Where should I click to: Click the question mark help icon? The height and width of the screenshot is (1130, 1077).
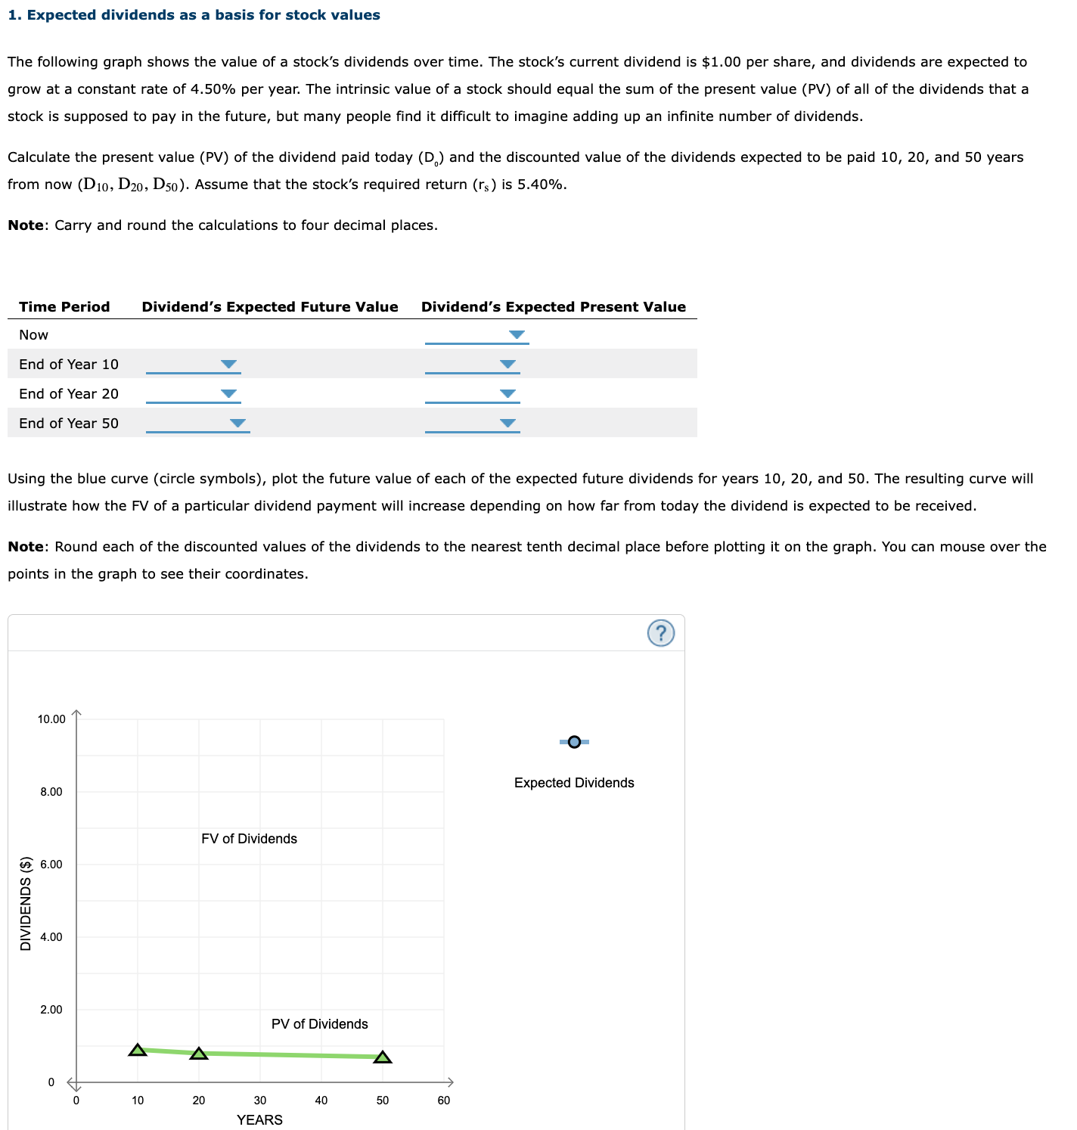[x=661, y=633]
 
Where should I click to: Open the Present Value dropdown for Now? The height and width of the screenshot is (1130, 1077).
[x=476, y=335]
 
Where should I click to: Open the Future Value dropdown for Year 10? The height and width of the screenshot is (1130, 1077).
[x=193, y=365]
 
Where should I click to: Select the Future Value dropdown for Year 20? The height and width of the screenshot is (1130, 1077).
[x=193, y=394]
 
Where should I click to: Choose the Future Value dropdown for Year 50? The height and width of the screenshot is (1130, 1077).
[x=197, y=424]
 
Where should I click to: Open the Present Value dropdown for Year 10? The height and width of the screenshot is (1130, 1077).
[x=472, y=365]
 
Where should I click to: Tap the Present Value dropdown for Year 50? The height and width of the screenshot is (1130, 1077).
[x=472, y=424]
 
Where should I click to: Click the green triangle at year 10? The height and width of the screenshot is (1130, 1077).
[x=138, y=1050]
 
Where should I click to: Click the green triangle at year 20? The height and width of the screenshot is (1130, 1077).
[x=199, y=1054]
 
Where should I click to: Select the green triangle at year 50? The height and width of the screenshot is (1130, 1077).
[x=383, y=1057]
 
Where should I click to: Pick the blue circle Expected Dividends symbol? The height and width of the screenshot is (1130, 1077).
[x=574, y=742]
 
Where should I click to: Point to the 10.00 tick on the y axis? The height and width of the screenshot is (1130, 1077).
[x=51, y=719]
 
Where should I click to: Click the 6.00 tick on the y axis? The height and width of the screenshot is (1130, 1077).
[x=51, y=865]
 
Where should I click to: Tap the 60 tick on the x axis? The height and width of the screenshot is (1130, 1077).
[x=444, y=1101]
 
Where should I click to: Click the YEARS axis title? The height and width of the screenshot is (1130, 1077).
[x=259, y=1120]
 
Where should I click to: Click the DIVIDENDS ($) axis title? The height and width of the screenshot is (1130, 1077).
[x=26, y=903]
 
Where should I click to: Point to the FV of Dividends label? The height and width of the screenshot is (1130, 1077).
[x=249, y=839]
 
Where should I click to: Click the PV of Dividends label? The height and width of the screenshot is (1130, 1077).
[x=319, y=1024]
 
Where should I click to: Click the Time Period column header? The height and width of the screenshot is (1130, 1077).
[x=64, y=307]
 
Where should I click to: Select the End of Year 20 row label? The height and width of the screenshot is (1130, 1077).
[x=69, y=394]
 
